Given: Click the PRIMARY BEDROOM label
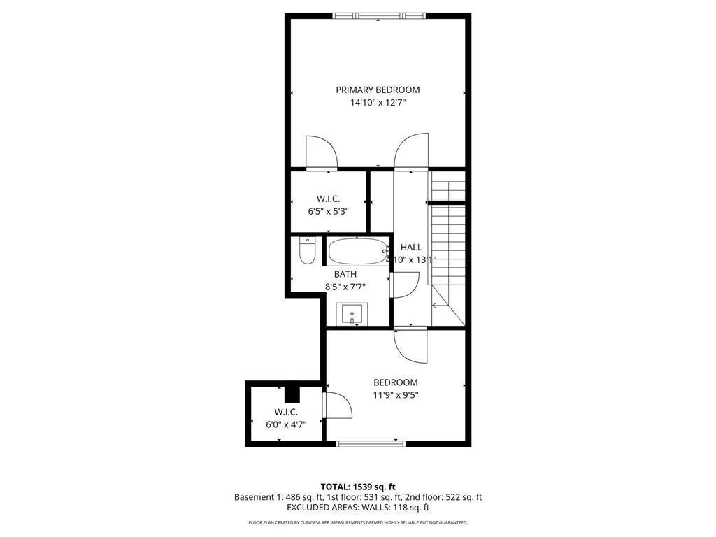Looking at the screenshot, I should pos(378,89).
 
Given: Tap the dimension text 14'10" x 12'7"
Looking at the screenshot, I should pos(378,103).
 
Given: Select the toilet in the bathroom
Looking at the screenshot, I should pos(307,251).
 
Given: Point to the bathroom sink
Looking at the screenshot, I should pos(352,314).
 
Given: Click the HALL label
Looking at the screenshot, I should pos(411,247).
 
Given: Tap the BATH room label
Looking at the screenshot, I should pos(345,274).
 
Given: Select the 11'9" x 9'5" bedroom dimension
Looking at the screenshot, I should pos(395,395).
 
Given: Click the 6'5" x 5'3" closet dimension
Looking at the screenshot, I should pos(328,210).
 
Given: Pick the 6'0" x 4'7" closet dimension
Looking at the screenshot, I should pos(286,424).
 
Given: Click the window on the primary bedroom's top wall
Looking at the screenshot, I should pos(378,15).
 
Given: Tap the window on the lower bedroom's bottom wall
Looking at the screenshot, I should pos(371,443).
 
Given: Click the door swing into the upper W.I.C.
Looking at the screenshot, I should pos(321,152).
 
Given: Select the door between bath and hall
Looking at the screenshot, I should pos(404,285).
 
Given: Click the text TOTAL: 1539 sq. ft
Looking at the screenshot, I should pos(358,487).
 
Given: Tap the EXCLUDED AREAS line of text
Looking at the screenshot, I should pos(358,508).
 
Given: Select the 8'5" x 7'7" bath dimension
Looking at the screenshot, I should pos(345,287).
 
